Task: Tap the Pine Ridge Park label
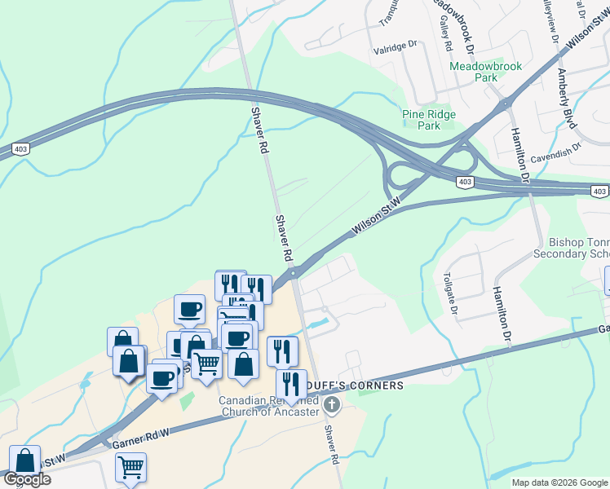click(x=429, y=120)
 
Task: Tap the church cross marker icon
click(x=331, y=405)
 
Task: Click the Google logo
click(x=27, y=479)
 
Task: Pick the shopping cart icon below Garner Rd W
click(x=130, y=467)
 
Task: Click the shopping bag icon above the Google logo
click(x=25, y=460)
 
